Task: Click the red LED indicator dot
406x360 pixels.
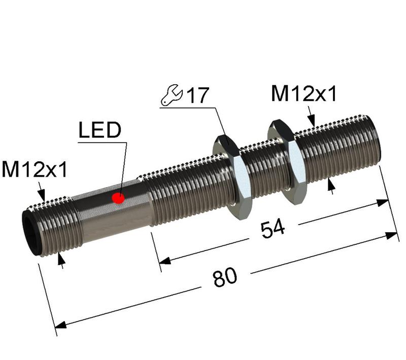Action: click(x=119, y=197)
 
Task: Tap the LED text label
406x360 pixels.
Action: click(x=99, y=130)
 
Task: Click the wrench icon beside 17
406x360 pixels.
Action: click(x=171, y=95)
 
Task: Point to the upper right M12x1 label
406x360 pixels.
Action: click(x=303, y=94)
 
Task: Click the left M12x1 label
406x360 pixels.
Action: click(x=34, y=170)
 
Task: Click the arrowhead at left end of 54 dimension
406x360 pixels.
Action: click(x=163, y=261)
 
